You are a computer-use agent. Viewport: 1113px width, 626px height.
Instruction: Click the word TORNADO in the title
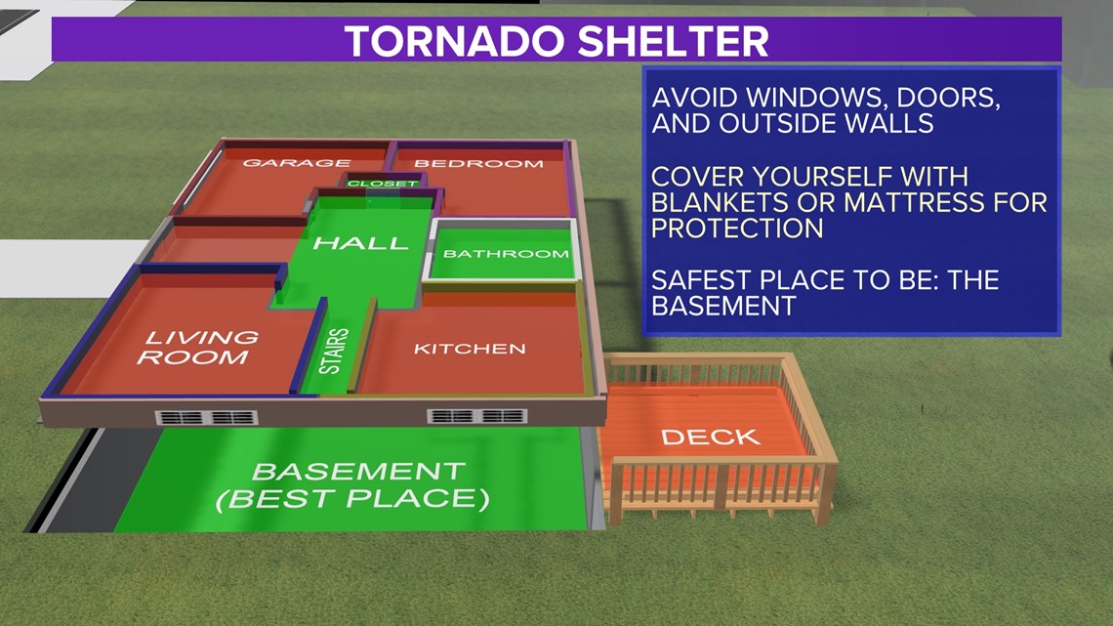click(456, 41)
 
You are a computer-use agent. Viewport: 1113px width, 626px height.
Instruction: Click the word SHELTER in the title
click(673, 41)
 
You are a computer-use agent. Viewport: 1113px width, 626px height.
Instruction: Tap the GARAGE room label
click(297, 163)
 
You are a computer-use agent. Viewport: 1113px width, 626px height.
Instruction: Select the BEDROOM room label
click(479, 164)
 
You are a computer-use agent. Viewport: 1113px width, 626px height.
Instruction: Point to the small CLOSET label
click(383, 184)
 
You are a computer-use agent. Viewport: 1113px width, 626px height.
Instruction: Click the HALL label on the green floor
click(360, 243)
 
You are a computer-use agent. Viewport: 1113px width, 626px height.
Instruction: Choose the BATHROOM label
click(506, 253)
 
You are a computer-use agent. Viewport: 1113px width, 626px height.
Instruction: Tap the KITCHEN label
click(470, 349)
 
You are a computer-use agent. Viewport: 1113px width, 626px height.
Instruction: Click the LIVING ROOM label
click(196, 347)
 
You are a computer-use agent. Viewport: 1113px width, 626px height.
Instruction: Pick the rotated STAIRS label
click(334, 351)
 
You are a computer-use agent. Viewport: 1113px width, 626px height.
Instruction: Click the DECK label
click(711, 438)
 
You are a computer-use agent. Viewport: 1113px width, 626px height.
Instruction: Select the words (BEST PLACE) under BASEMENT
click(352, 499)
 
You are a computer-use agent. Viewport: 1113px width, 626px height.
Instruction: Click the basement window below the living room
click(206, 417)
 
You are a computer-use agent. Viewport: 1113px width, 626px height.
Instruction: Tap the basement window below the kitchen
click(477, 416)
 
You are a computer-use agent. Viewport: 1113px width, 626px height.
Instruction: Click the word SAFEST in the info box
click(695, 279)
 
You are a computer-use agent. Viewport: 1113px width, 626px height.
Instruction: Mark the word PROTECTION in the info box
click(737, 229)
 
